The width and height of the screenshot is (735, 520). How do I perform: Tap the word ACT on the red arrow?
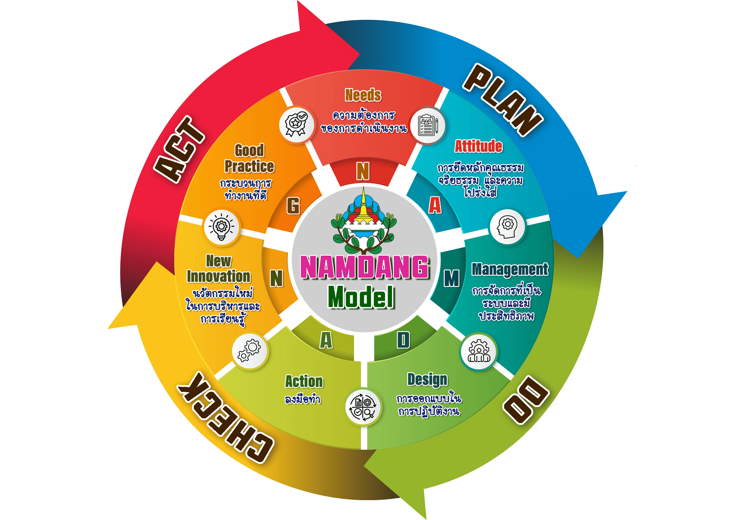click(179, 149)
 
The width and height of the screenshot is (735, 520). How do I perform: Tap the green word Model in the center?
click(361, 297)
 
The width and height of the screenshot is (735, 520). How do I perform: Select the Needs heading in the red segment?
click(363, 95)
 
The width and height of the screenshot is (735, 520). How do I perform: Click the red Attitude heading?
click(479, 146)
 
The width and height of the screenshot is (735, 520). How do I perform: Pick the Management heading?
click(510, 269)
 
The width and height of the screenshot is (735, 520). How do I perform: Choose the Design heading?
click(427, 380)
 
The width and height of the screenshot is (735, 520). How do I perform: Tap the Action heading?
click(304, 381)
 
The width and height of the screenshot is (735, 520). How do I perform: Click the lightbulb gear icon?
click(221, 227)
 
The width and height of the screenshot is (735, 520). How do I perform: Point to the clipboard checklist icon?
click(428, 125)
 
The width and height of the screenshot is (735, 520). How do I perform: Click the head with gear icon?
click(507, 227)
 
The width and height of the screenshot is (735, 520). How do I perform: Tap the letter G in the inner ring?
click(293, 205)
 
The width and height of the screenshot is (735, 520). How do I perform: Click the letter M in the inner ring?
click(451, 278)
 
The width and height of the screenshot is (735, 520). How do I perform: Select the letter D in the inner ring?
click(403, 340)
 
